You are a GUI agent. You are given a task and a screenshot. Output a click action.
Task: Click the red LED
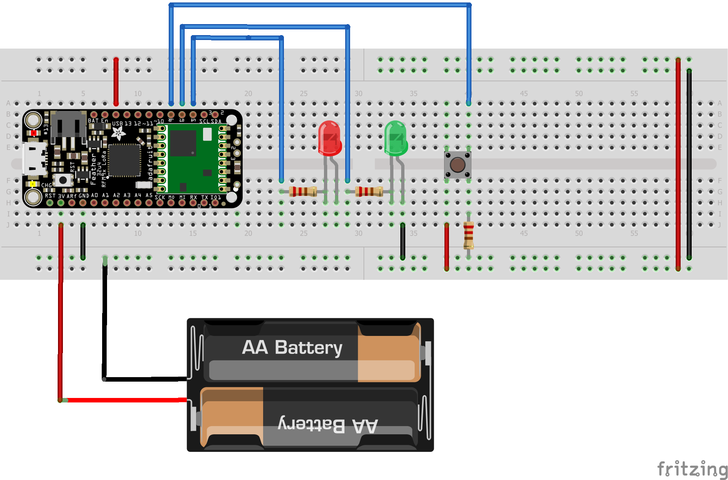coord(329,138)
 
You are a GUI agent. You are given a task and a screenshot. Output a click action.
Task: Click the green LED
coord(395,138)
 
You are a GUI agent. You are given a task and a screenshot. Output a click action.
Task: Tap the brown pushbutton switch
coord(458,165)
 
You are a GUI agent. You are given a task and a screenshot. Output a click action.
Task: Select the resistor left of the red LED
coord(303,191)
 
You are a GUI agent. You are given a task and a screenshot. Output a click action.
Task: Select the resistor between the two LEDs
coord(369,191)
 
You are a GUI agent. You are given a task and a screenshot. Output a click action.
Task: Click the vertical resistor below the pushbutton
coord(469,236)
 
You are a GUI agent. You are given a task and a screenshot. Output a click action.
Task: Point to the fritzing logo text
coord(692,469)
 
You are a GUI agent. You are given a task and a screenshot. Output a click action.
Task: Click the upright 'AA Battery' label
coord(292,347)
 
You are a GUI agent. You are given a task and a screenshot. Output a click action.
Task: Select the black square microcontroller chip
coord(124,160)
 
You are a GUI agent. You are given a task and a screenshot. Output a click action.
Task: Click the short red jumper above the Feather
coord(116,82)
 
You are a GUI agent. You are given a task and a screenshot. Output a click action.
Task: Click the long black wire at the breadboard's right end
coord(689,163)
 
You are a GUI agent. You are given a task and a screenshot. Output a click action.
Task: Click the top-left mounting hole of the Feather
coord(33,120)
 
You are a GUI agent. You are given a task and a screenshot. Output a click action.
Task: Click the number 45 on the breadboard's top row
coord(524,93)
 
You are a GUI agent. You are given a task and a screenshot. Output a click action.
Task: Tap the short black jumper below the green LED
coord(402,241)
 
